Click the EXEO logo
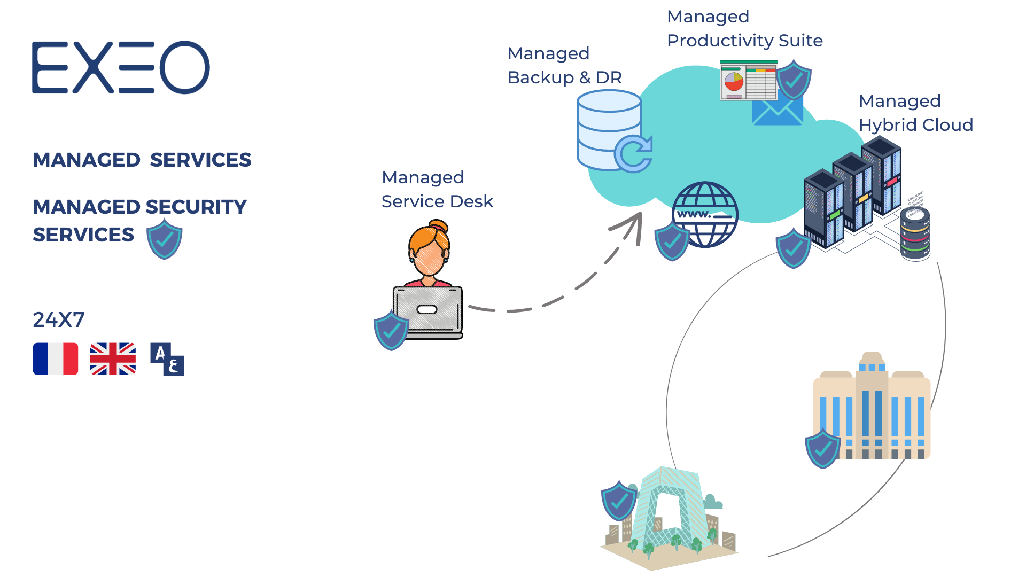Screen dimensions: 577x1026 [121, 68]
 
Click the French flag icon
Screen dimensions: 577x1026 [56, 359]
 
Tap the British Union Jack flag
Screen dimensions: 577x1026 [113, 359]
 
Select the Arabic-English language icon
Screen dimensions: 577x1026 [167, 360]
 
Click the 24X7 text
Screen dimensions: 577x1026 [59, 320]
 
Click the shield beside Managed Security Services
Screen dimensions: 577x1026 [165, 239]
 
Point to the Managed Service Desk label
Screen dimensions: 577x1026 [437, 190]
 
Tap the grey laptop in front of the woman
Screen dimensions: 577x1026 [428, 311]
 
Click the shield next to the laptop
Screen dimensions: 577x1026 [391, 331]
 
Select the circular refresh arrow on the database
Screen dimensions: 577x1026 [634, 154]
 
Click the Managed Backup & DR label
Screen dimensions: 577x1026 [564, 66]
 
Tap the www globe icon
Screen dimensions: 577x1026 [705, 215]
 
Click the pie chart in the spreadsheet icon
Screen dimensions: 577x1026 [734, 82]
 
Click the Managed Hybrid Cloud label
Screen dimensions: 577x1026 [915, 113]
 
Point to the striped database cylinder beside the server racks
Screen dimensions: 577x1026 [915, 234]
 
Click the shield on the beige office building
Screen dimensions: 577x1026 [823, 448]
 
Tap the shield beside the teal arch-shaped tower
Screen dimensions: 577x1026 [619, 501]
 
